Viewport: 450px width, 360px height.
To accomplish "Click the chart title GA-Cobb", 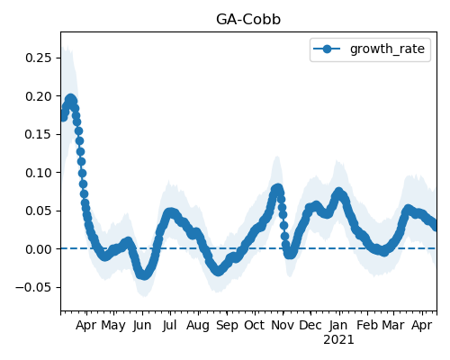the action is pyautogui.click(x=248, y=20).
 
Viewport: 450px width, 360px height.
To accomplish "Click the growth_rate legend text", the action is pyautogui.click(x=387, y=49).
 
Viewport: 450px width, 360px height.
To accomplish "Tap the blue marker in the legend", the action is pyautogui.click(x=327, y=49).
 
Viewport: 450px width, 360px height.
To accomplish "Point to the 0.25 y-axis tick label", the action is pyautogui.click(x=39, y=58).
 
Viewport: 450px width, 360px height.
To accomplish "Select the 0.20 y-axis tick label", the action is pyautogui.click(x=39, y=96).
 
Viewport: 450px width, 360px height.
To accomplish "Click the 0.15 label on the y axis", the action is pyautogui.click(x=39, y=134).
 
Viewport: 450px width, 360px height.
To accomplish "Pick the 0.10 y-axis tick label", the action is pyautogui.click(x=39, y=173).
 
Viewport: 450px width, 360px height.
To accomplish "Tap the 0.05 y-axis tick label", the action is pyautogui.click(x=39, y=211).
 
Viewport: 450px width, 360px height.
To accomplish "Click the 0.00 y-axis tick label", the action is pyautogui.click(x=39, y=249).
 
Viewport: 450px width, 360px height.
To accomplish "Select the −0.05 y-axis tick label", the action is pyautogui.click(x=33, y=287).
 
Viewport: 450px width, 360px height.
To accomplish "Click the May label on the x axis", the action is pyautogui.click(x=113, y=326).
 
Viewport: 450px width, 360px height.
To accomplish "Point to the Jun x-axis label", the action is pyautogui.click(x=142, y=326).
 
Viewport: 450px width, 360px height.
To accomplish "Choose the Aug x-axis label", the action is pyautogui.click(x=198, y=326).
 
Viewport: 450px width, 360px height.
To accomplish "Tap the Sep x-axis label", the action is pyautogui.click(x=227, y=326).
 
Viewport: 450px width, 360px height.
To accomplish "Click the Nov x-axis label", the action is pyautogui.click(x=283, y=326).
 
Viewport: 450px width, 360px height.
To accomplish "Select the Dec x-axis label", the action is pyautogui.click(x=310, y=326).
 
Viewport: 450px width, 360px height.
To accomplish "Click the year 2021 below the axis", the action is pyautogui.click(x=338, y=340).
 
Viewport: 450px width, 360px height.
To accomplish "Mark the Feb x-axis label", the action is pyautogui.click(x=367, y=326).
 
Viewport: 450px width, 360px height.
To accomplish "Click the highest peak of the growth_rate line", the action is pyautogui.click(x=70, y=98).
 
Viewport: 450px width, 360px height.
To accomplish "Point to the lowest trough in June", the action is pyautogui.click(x=145, y=275).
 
